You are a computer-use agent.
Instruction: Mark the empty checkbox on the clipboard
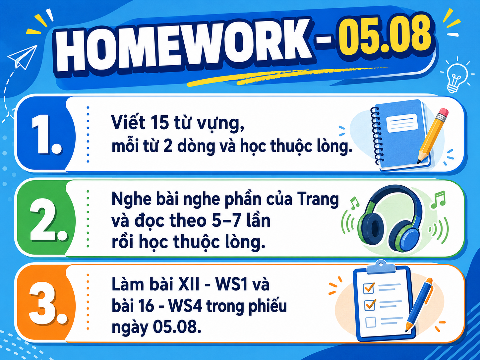371,322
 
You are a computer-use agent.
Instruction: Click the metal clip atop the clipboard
381,267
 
